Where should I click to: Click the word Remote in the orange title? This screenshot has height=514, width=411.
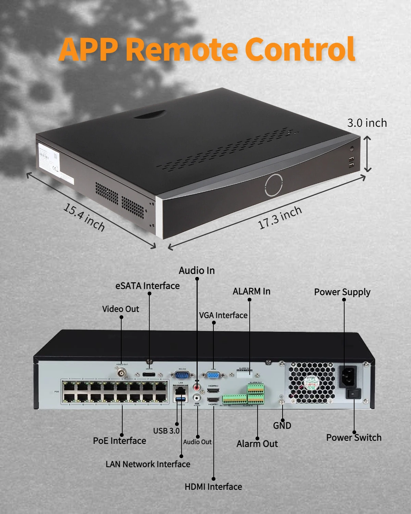pos(182,50)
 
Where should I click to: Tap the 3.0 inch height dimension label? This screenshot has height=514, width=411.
pos(367,123)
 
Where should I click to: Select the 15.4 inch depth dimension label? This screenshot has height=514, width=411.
pos(84,217)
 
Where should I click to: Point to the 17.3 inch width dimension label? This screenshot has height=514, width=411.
pos(280,217)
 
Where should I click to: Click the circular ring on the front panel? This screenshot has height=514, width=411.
pos(274,185)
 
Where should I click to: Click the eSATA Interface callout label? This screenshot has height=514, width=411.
pos(147,286)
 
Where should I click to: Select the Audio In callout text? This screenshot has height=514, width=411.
pos(197,271)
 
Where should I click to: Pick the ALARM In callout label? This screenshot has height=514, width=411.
pos(251,291)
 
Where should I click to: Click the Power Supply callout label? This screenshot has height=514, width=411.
pos(342,292)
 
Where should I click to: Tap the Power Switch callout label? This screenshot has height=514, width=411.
pos(353,438)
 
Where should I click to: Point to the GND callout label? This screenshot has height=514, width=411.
pos(282,426)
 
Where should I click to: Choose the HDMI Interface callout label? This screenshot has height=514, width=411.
pos(213,487)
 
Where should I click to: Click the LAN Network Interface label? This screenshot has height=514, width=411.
pos(148,464)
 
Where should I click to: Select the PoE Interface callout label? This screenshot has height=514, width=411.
pos(119,441)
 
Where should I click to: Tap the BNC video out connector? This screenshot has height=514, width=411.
pos(122,372)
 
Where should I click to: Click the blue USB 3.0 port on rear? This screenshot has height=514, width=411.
pos(181,400)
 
